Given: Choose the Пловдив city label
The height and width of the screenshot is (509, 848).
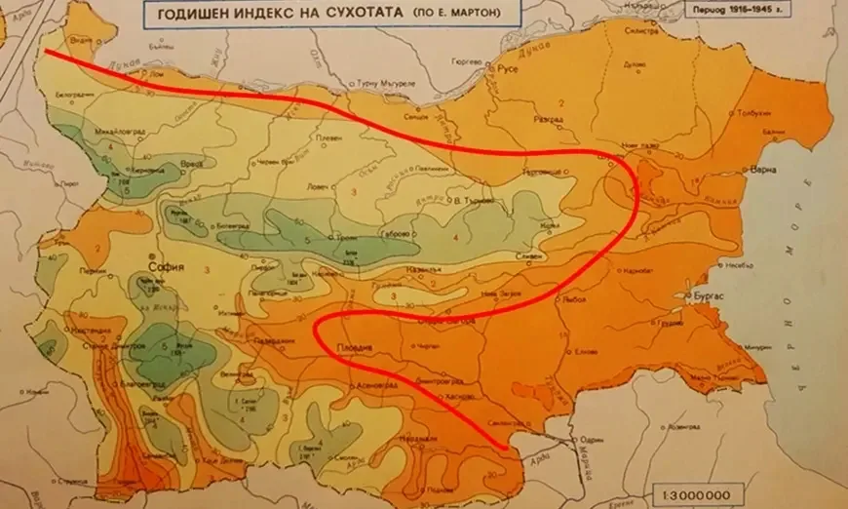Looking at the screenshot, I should (356, 347).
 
